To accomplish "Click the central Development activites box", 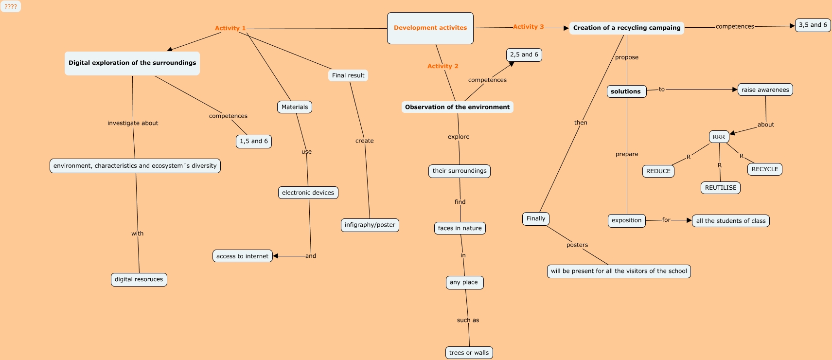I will point(430,28).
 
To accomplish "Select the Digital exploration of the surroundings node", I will point(132,63).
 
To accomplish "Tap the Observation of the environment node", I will point(457,107).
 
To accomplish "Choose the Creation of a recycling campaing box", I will point(626,28).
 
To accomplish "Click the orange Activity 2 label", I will point(443,66).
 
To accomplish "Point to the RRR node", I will point(719,137).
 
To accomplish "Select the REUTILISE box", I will point(721,188).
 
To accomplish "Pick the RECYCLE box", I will point(764,169).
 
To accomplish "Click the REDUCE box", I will point(658,171).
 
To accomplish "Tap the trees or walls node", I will point(469,353).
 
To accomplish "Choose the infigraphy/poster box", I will point(370,225).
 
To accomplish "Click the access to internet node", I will point(242,256).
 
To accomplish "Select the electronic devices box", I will point(308,193).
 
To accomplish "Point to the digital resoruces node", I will point(139,279).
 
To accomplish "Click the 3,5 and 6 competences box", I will point(813,25).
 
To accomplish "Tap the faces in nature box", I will point(460,228).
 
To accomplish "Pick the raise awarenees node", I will point(765,90).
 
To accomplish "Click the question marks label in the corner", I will point(11,7).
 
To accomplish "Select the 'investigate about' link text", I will point(133,123).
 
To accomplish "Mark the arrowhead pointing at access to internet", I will point(276,256).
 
